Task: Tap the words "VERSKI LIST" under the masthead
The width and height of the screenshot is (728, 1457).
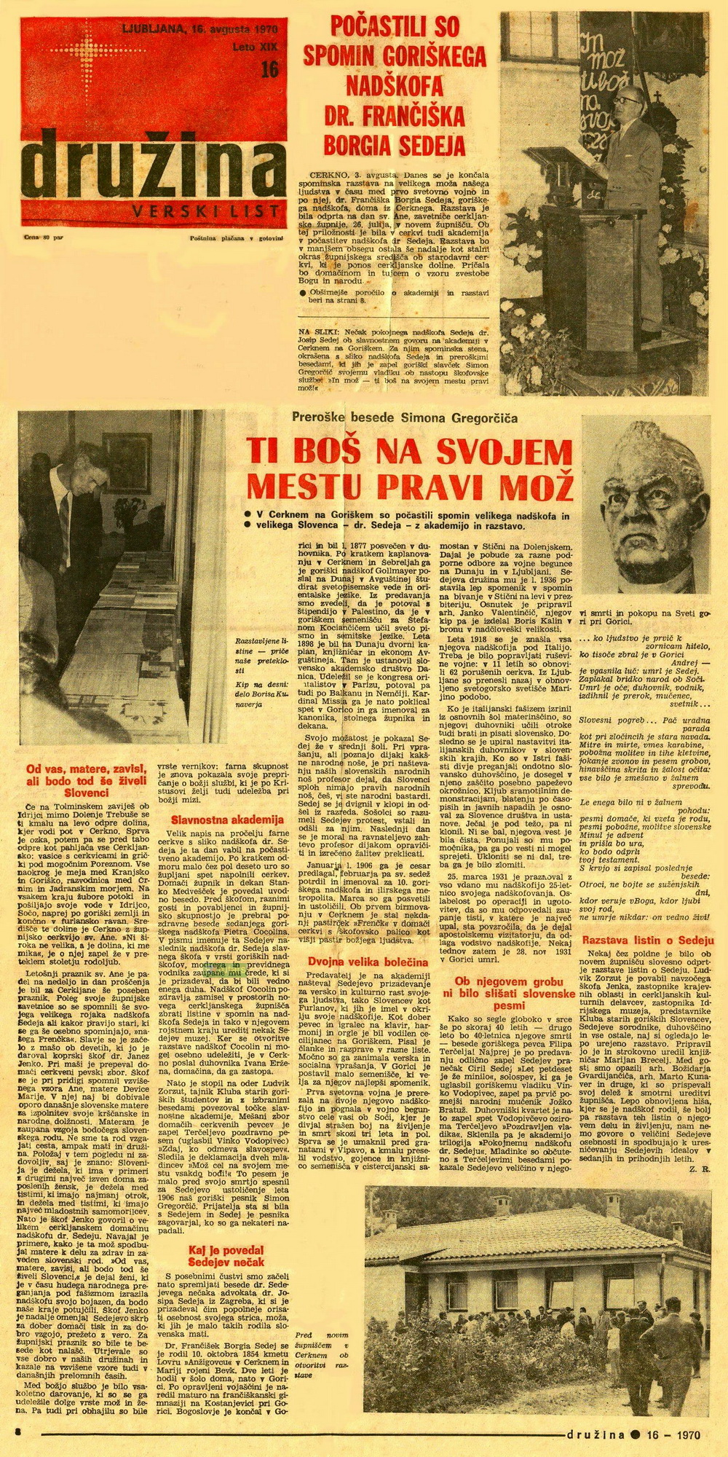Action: pos(206,211)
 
